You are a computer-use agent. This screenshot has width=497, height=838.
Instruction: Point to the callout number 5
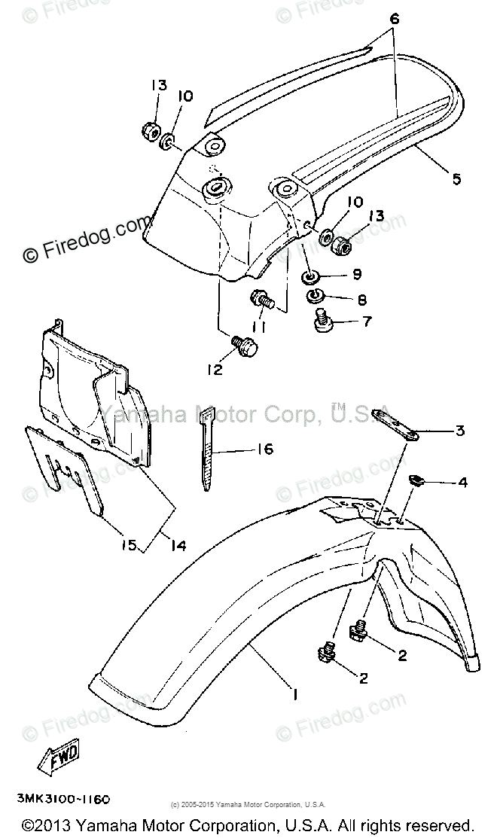[x=457, y=179]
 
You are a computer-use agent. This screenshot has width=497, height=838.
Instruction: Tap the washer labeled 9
[x=312, y=277]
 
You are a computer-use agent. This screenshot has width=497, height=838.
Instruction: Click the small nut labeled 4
[x=416, y=479]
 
